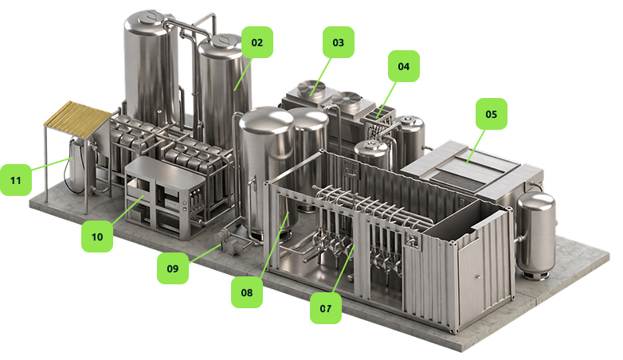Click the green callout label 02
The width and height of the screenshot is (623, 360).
click(257, 42)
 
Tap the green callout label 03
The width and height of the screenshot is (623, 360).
click(338, 42)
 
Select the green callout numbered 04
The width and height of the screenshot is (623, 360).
click(404, 66)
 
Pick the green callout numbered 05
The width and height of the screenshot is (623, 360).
click(492, 114)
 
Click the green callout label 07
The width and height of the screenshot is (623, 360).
click(325, 308)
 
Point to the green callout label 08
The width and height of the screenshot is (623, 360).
click(247, 292)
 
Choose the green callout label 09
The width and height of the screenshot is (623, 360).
click(172, 268)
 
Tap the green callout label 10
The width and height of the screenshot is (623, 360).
click(97, 237)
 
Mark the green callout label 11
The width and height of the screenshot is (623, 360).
click(15, 180)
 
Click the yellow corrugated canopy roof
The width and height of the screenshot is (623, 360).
click(78, 119)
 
